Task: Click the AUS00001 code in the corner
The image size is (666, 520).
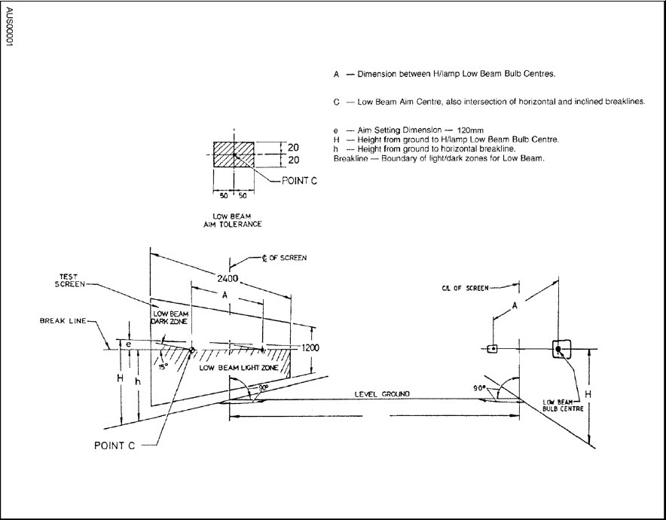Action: [9, 27]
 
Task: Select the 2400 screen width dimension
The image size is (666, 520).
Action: [228, 279]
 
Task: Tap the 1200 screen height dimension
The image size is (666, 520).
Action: [310, 348]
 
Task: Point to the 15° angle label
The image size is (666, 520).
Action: [163, 366]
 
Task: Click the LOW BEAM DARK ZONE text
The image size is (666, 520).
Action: [170, 318]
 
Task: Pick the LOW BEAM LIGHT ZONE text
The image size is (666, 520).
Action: [239, 368]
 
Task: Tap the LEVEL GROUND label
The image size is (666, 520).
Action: [382, 394]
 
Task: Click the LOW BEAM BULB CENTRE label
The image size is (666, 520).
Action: [563, 405]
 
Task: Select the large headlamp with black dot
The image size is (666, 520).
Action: [561, 349]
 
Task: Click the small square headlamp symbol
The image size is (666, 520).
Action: [492, 349]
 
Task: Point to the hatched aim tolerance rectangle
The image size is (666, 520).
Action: [234, 154]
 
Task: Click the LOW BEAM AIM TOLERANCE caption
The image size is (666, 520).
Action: [232, 220]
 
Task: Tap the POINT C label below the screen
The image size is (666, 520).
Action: [115, 445]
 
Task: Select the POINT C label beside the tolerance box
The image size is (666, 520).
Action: [299, 181]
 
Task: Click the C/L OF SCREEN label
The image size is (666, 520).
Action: [465, 288]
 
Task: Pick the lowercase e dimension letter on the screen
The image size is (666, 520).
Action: [128, 344]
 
